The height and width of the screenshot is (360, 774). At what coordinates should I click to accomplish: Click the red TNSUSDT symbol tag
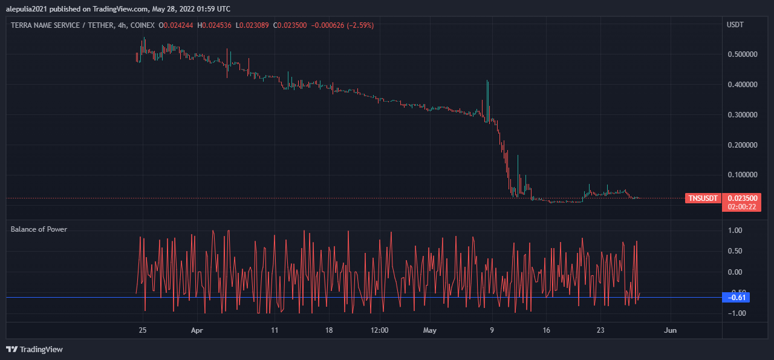(703, 198)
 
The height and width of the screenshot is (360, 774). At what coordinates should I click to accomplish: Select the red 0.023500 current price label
(741, 198)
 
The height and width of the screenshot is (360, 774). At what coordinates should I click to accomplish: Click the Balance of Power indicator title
(39, 229)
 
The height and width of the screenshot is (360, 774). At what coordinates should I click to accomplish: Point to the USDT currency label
(735, 25)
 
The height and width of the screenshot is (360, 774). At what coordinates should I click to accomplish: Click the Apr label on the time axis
(197, 330)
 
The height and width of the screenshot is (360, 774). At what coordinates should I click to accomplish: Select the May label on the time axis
(429, 330)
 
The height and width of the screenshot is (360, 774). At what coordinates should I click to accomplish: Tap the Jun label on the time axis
(670, 330)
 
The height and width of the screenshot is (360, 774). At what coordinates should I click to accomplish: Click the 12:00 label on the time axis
(379, 330)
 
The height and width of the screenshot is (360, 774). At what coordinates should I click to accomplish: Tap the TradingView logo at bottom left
(34, 349)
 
